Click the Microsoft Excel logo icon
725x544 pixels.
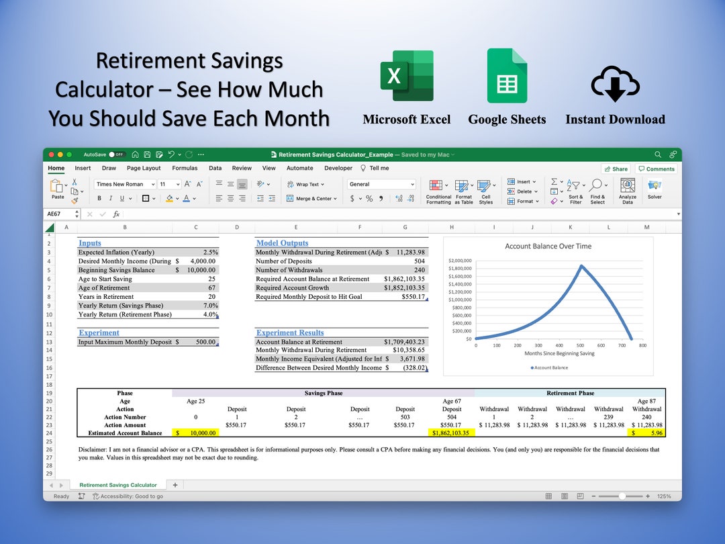(x=406, y=75)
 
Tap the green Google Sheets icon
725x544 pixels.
(x=507, y=75)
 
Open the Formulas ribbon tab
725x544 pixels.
(x=185, y=168)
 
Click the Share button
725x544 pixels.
(x=616, y=169)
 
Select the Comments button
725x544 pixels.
(x=656, y=169)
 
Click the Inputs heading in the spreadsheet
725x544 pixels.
(x=90, y=243)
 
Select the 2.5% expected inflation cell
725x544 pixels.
(x=210, y=253)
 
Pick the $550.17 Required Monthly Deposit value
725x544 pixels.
(x=413, y=296)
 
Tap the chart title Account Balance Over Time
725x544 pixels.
(x=548, y=246)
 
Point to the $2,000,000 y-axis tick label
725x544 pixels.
(x=459, y=260)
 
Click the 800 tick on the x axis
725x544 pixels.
(x=642, y=345)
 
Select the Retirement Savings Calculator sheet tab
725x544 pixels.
(x=117, y=484)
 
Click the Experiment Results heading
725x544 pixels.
(x=289, y=332)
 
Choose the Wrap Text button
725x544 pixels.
(x=306, y=184)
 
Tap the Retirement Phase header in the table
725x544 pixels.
(x=570, y=393)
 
